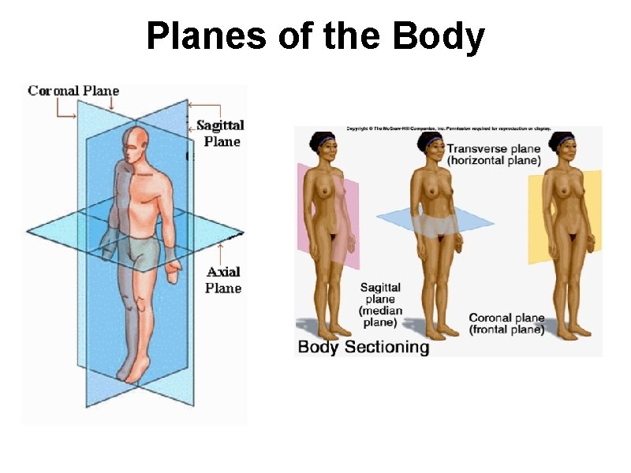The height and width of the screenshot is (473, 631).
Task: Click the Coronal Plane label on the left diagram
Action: point(73,91)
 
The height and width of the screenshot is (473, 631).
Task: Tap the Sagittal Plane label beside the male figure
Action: point(220,133)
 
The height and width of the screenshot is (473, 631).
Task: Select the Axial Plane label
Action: point(223,280)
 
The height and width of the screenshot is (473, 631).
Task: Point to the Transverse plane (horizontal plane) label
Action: point(495,155)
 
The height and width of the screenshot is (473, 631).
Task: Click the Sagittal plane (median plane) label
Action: point(381,305)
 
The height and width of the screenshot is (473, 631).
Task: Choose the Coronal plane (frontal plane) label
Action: point(507,323)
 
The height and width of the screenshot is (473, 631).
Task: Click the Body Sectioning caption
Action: point(364,347)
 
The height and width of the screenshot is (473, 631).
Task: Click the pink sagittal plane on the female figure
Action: point(347,213)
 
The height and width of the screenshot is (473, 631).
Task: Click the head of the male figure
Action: point(136,143)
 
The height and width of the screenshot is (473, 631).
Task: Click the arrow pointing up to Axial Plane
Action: point(221,254)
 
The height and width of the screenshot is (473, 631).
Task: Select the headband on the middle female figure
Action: point(431,143)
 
